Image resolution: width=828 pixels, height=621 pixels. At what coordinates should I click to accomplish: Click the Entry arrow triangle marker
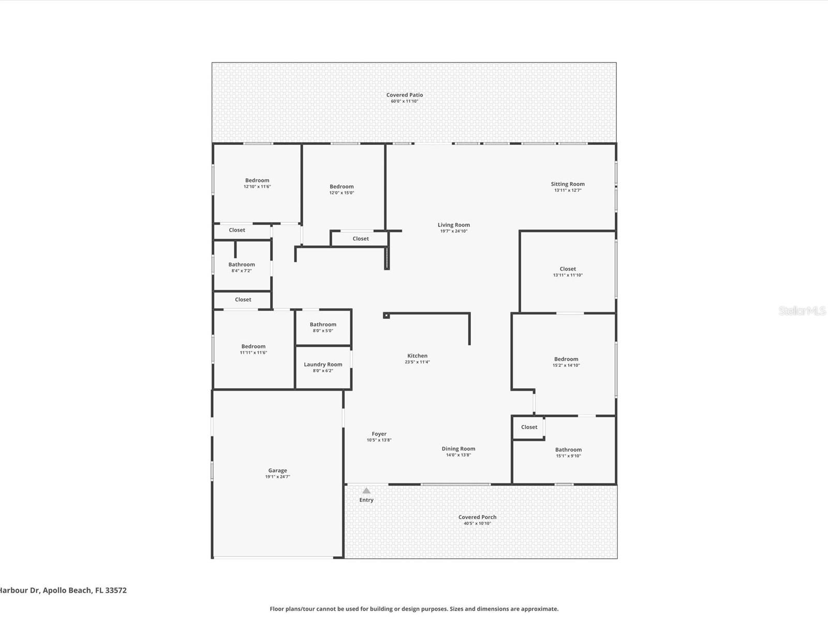[x=366, y=491]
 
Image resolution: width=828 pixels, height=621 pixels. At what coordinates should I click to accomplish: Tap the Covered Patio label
[x=405, y=95]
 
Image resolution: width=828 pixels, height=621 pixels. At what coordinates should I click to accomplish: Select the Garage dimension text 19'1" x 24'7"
[x=277, y=477]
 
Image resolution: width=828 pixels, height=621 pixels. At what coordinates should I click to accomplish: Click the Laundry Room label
[x=323, y=364]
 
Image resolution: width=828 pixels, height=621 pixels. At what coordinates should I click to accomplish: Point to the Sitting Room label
[x=568, y=184]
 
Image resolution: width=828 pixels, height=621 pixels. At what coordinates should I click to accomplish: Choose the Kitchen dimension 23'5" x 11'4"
[x=417, y=362]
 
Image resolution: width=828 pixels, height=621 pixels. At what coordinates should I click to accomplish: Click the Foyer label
[x=379, y=434]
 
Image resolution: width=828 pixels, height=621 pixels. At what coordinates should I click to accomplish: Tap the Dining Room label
[x=459, y=449]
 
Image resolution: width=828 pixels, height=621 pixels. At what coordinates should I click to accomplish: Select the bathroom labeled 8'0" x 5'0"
[x=323, y=327]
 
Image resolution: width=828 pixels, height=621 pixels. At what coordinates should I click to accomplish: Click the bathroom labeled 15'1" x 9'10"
[x=568, y=452]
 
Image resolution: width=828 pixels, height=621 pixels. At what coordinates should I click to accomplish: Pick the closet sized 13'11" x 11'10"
[x=568, y=272]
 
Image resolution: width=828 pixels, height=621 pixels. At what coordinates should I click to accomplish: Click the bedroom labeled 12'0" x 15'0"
[x=342, y=189]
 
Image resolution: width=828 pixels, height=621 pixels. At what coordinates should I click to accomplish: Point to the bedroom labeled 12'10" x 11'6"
[x=257, y=183]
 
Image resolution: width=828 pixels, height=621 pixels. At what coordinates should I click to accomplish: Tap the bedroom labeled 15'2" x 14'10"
[x=566, y=362]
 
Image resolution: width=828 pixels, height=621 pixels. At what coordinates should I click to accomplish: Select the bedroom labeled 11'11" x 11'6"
[x=254, y=349]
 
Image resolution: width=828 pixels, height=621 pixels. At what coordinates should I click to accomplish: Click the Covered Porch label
[x=477, y=517]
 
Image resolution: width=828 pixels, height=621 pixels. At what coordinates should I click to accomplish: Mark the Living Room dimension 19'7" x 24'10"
[x=454, y=231]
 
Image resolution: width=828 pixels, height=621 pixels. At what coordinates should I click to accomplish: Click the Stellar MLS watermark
[x=802, y=311]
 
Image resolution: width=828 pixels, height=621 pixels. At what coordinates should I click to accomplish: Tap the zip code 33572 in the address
[x=116, y=590]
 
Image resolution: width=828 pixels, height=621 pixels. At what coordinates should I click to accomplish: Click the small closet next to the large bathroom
[x=529, y=427]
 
